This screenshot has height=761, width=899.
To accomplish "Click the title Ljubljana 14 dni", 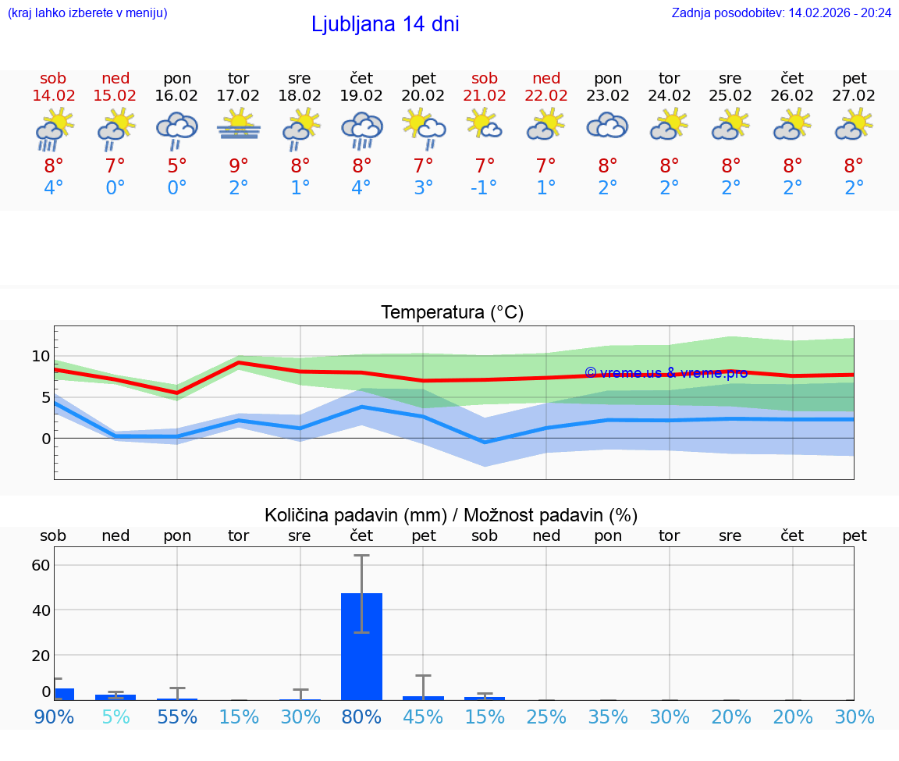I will pos(385,24).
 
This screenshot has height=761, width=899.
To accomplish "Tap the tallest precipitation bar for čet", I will pos(361,645).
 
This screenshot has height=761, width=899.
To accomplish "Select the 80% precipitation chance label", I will pos(361,717).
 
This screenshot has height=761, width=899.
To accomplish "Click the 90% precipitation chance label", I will pos(54,717).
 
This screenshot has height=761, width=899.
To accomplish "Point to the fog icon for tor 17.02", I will pos(238,127).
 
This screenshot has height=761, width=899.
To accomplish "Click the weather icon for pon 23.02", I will pos(607,127).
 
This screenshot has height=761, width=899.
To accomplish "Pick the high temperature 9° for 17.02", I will pos(238,165).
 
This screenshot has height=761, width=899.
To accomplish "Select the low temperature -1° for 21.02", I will pos(484,188).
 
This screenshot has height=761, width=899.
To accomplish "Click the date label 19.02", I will pos(361,96).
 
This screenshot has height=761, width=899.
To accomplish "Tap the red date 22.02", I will pos(546,96).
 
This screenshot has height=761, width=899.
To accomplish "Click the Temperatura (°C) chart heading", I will pos(452,313).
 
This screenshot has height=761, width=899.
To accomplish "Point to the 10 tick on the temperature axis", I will pos(41,357).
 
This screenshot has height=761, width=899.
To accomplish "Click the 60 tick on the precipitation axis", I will pos(41,564).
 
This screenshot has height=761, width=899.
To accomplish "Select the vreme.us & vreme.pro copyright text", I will pos(666,373).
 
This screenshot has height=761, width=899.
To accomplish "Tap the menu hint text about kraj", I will pos(87,12).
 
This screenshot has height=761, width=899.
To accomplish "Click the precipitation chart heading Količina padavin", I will pos(451,515).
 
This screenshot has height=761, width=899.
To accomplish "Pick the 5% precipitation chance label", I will pos(115,717).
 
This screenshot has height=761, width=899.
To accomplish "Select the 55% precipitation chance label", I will pos(177,717).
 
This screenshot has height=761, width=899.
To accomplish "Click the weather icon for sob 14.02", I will pos(54,129).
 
